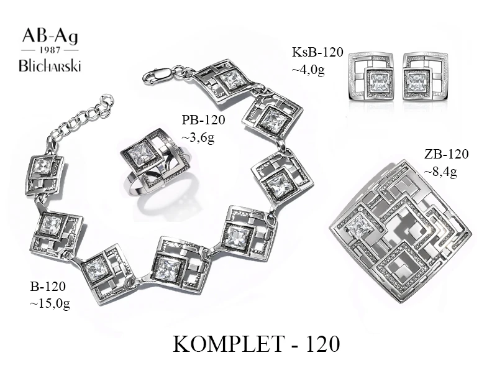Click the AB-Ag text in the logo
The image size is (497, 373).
51,35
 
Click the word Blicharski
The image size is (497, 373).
51,65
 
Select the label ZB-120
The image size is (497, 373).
446,154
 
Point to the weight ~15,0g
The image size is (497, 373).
50,303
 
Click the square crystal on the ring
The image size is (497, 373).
142,154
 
